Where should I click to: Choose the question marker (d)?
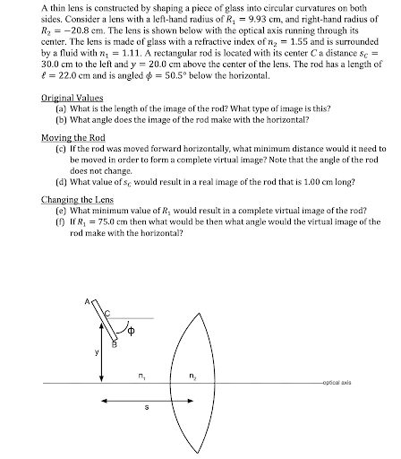(x=61, y=187)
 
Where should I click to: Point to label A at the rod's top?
(x=88, y=301)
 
